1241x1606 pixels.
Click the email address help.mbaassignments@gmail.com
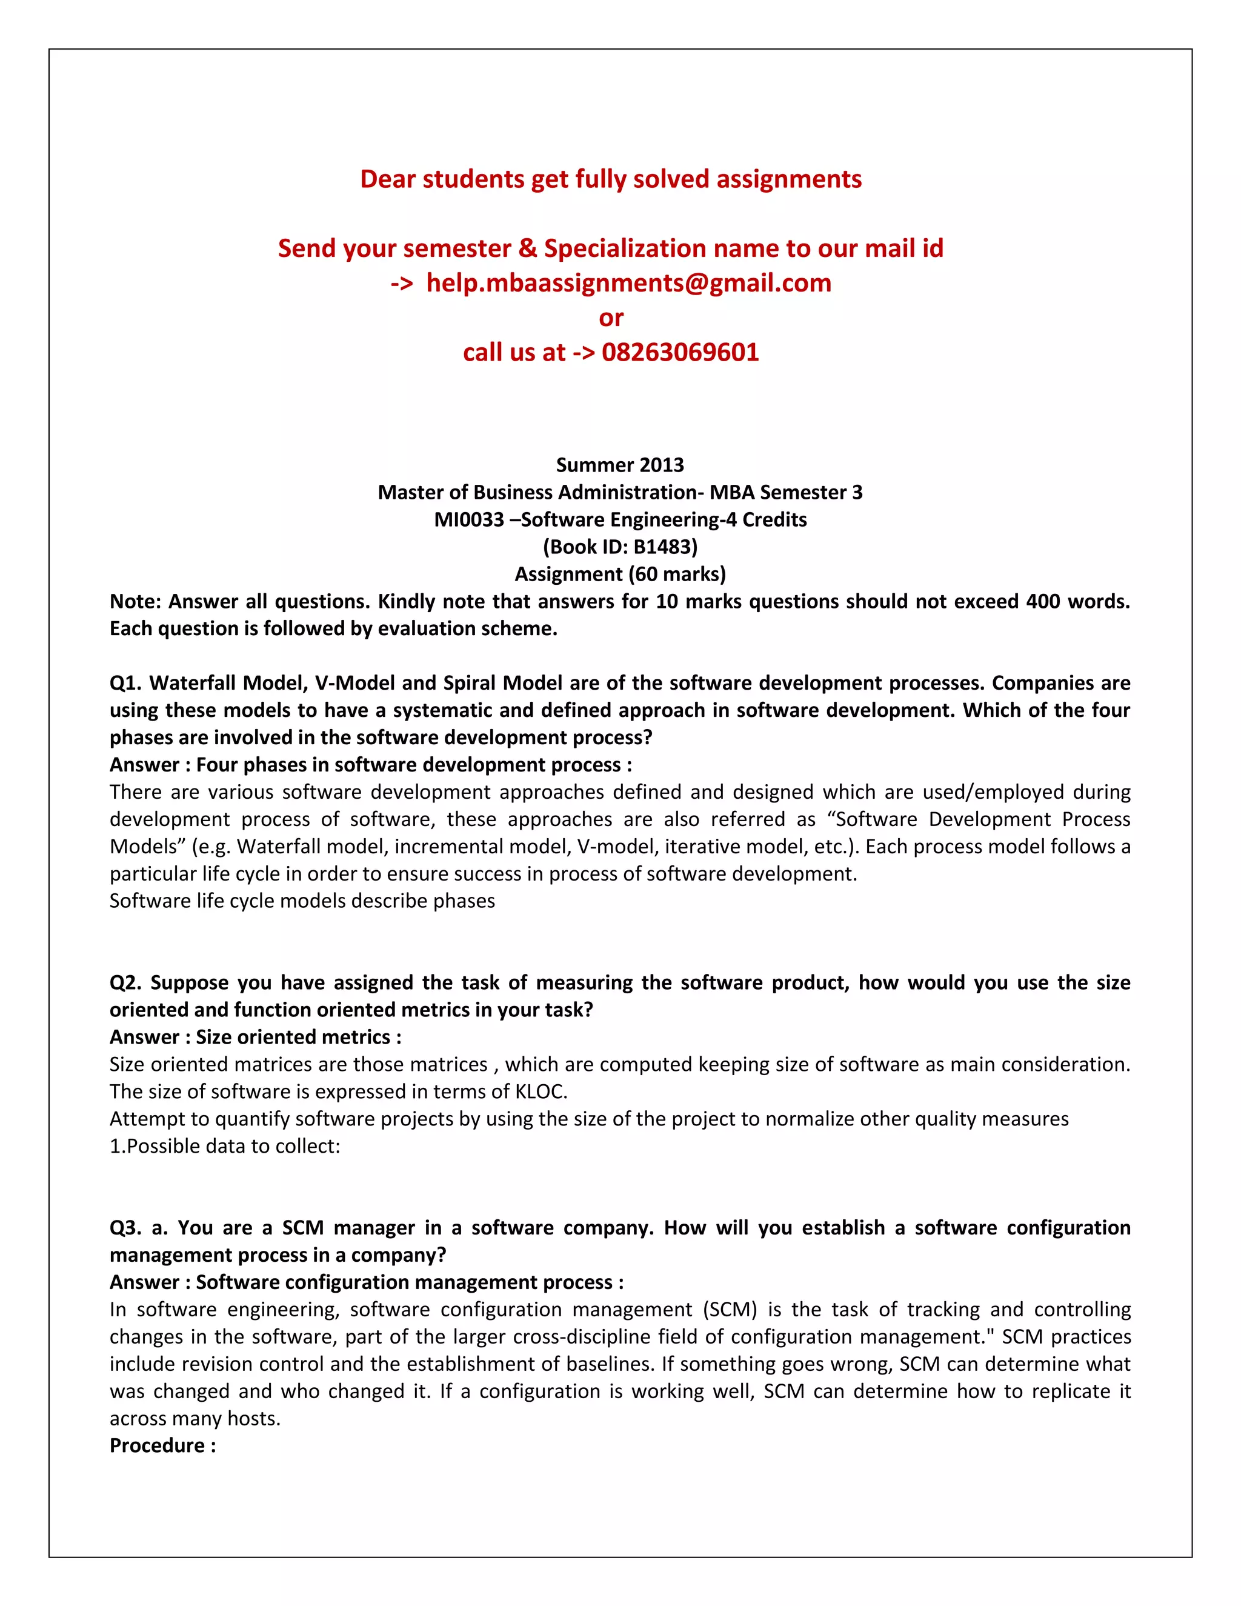coord(628,283)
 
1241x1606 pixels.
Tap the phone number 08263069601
coord(679,352)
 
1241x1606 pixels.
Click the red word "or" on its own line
coord(610,318)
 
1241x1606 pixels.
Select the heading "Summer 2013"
coord(620,465)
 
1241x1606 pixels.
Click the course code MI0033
coord(468,520)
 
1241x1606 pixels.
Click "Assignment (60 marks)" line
coord(620,575)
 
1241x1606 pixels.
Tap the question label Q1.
coord(124,683)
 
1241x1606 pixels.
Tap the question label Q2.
coord(125,983)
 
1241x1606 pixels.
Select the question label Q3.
coord(125,1228)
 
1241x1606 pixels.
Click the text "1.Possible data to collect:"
coord(224,1147)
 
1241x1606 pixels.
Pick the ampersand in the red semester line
coord(527,248)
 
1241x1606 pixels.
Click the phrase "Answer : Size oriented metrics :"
coord(255,1038)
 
